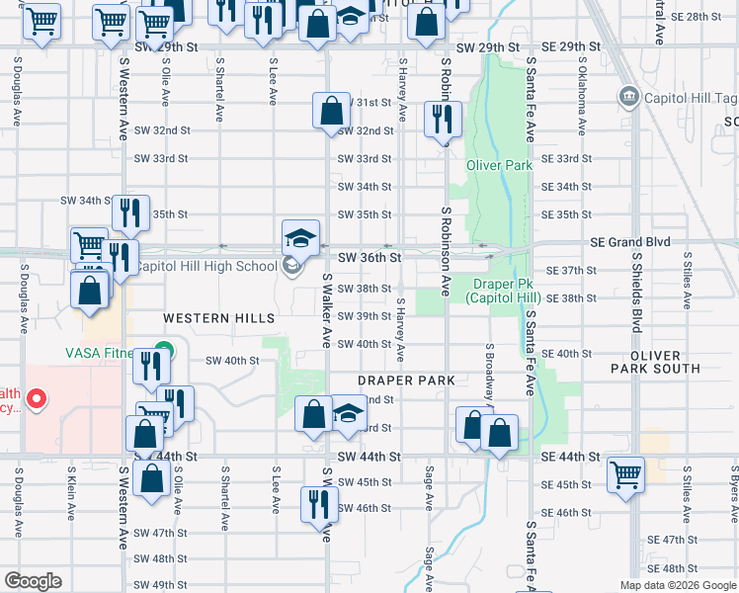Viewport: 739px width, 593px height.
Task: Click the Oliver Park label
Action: (x=499, y=166)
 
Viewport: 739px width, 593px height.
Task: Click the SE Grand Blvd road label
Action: (x=630, y=242)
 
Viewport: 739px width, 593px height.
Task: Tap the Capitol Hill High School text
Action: (x=205, y=266)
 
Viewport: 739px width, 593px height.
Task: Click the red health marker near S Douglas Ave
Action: (x=37, y=399)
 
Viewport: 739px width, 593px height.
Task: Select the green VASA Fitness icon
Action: (x=166, y=350)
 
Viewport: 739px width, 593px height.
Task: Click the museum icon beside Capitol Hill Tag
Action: (x=627, y=97)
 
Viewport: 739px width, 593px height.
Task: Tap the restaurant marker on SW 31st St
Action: (x=440, y=120)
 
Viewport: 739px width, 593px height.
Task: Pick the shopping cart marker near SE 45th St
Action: (x=625, y=473)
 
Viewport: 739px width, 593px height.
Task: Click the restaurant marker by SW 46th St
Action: (x=318, y=503)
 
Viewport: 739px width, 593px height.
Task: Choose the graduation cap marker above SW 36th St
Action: (x=301, y=236)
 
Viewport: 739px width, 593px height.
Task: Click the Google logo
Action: (x=33, y=581)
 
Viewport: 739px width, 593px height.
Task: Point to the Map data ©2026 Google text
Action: (x=677, y=585)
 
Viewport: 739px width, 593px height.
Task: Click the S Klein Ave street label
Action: (x=71, y=491)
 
